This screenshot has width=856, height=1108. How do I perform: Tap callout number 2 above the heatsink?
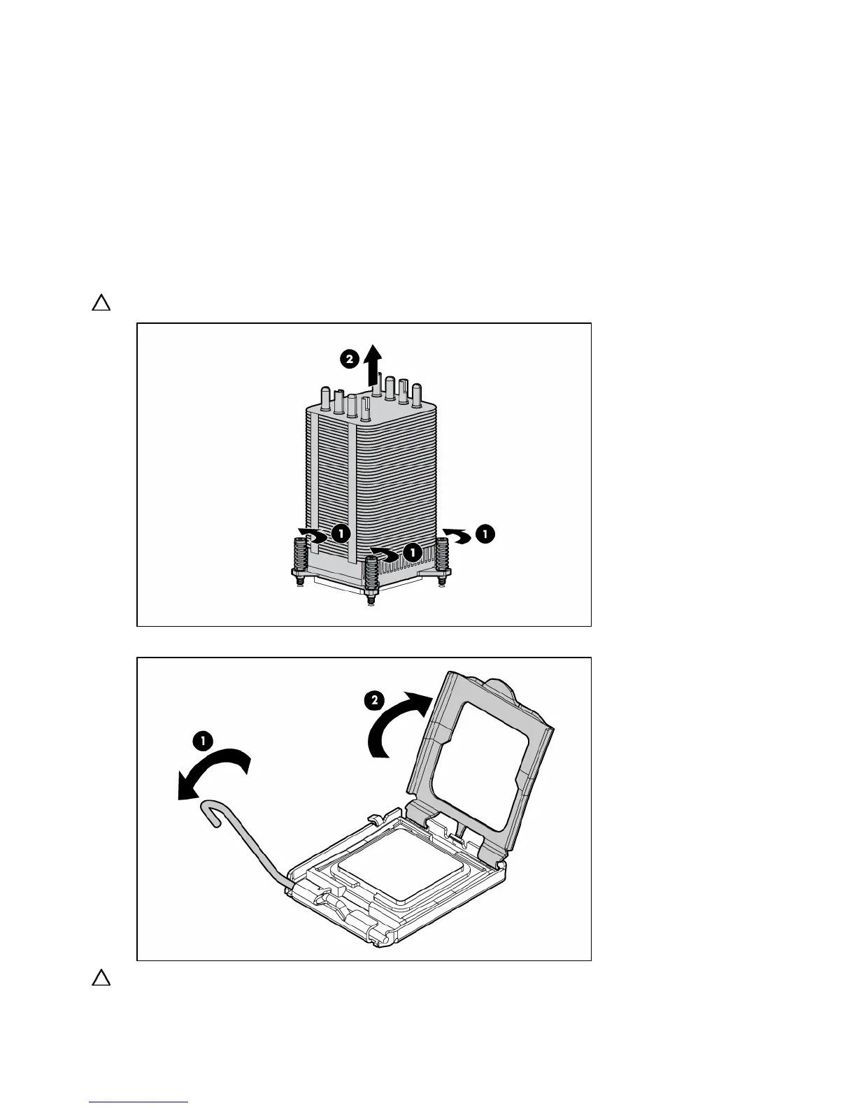[350, 359]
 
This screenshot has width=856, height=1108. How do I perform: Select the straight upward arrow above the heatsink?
[376, 364]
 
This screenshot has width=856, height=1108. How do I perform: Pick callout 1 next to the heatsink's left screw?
[341, 534]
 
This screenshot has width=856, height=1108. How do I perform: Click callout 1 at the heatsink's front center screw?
[413, 552]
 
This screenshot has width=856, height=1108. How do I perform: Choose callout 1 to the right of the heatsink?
[484, 534]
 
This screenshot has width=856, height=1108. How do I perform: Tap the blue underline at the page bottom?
[138, 1102]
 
